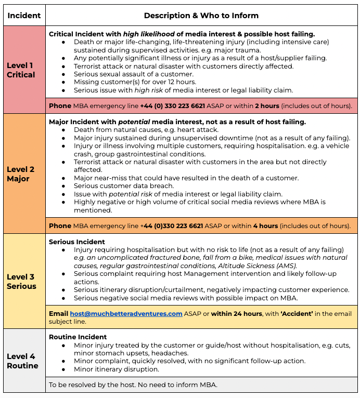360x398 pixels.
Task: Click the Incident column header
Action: pos(24,16)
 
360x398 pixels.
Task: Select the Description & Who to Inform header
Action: pos(201,16)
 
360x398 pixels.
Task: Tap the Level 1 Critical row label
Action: pos(21,70)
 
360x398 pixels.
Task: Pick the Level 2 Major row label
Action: pos(21,174)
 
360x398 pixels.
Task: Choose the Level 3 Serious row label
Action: pos(21,282)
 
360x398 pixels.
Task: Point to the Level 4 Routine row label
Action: pos(22,361)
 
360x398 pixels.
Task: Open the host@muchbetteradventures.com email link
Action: pos(126,314)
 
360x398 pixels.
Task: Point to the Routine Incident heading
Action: pos(78,337)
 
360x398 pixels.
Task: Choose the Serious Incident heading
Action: pos(77,242)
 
